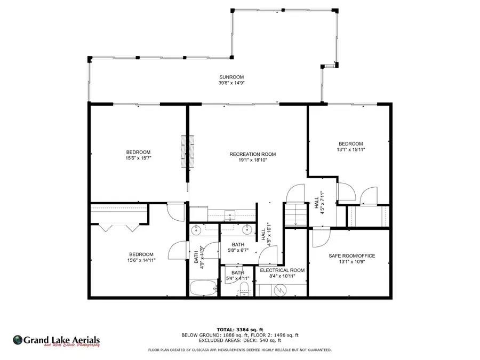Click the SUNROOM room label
231,77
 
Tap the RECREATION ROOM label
253,154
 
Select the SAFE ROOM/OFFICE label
352,256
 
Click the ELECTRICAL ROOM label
282,270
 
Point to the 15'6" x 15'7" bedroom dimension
138,158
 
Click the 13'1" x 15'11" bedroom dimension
351,150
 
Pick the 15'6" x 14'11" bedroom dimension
141,260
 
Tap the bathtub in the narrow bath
203,288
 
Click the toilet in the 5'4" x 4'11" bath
244,289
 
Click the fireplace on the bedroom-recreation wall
188,151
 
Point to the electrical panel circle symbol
280,290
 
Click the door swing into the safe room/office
322,237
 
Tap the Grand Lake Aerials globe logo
18,340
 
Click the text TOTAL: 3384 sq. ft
240,330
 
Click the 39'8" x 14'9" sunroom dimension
231,83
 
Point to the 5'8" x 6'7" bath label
238,250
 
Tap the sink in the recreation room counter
229,215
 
